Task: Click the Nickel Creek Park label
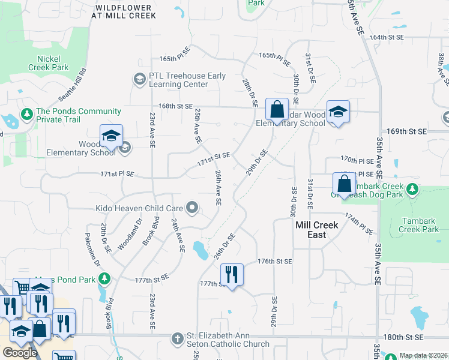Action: click(x=48, y=64)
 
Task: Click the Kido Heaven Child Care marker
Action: click(x=192, y=208)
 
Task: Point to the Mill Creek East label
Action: click(x=317, y=230)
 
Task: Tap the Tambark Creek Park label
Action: click(x=418, y=225)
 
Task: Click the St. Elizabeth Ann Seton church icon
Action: click(x=177, y=339)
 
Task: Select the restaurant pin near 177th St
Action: click(x=232, y=275)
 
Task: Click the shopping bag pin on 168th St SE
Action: click(x=277, y=110)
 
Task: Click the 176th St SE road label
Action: click(x=274, y=262)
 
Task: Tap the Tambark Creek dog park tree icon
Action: click(x=412, y=190)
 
